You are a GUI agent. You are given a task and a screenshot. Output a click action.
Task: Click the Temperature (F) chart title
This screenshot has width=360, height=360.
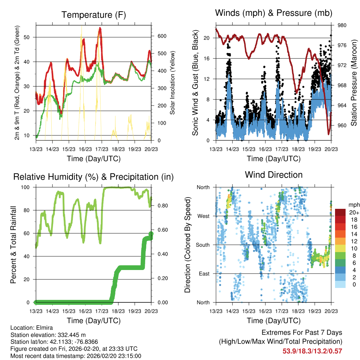(x=94, y=15)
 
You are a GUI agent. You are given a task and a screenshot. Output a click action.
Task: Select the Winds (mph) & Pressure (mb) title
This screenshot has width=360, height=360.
(x=274, y=13)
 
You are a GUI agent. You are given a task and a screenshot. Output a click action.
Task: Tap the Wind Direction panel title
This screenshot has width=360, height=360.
(x=274, y=174)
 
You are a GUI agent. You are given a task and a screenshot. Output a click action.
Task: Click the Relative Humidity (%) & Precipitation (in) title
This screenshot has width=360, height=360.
(x=94, y=177)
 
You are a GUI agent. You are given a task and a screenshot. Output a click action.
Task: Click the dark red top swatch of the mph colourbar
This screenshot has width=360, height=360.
(x=340, y=212)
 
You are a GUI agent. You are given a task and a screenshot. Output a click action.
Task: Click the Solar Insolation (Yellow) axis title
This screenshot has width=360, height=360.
(x=173, y=83)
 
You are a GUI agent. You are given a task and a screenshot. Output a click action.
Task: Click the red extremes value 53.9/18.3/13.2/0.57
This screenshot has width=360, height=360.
(x=312, y=351)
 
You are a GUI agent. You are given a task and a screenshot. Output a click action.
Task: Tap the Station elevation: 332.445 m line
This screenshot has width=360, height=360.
(x=48, y=335)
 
